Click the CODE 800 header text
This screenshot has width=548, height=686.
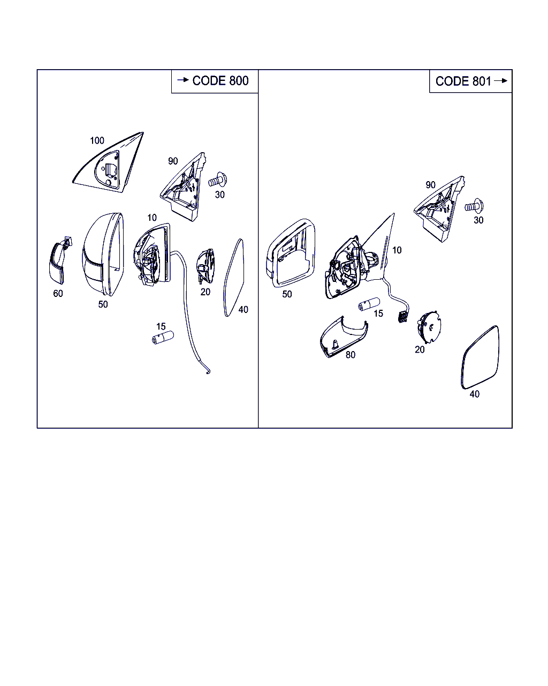pyautogui.click(x=220, y=81)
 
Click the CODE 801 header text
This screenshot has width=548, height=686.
pyautogui.click(x=463, y=81)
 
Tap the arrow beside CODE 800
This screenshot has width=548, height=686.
pyautogui.click(x=183, y=80)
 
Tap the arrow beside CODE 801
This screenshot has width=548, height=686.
pyautogui.click(x=500, y=80)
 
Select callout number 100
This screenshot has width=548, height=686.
pyautogui.click(x=97, y=140)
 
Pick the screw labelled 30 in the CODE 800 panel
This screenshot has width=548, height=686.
pyautogui.click(x=218, y=181)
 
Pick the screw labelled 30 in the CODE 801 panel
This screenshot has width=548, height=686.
pyautogui.click(x=475, y=206)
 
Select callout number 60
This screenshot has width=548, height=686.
pyautogui.click(x=58, y=294)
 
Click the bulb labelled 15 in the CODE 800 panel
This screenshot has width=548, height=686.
pyautogui.click(x=163, y=338)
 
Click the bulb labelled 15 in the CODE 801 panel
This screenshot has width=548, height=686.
pyautogui.click(x=369, y=304)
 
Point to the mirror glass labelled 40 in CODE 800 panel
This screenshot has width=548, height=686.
pyautogui.click(x=234, y=277)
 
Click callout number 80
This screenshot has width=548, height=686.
pyautogui.click(x=351, y=355)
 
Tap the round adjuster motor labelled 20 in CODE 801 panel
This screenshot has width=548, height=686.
pyautogui.click(x=429, y=327)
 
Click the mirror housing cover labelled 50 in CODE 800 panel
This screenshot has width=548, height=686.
pyautogui.click(x=103, y=255)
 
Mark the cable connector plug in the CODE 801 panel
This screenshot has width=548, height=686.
pyautogui.click(x=403, y=317)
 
